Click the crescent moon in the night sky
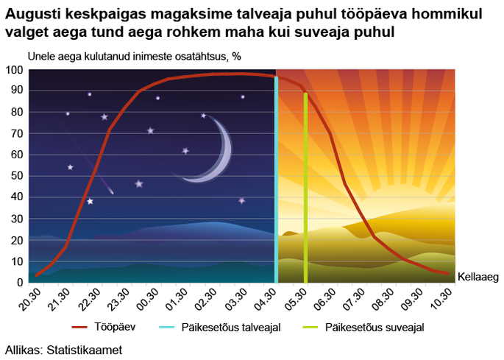click(x=221, y=160)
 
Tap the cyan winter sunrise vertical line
click(x=276, y=180)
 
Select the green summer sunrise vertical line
click(x=305, y=188)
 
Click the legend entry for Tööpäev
click(x=104, y=327)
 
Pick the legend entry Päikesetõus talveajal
click(x=220, y=327)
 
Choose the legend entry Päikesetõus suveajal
click(x=363, y=327)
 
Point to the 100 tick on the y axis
click(x=14, y=70)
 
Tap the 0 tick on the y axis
click(x=21, y=282)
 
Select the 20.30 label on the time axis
click(x=29, y=300)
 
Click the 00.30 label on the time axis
click(x=147, y=300)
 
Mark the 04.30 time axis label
click(x=265, y=300)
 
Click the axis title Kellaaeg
click(x=478, y=277)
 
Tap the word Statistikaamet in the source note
click(x=85, y=350)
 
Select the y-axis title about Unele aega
click(x=135, y=57)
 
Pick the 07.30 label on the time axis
click(x=353, y=300)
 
